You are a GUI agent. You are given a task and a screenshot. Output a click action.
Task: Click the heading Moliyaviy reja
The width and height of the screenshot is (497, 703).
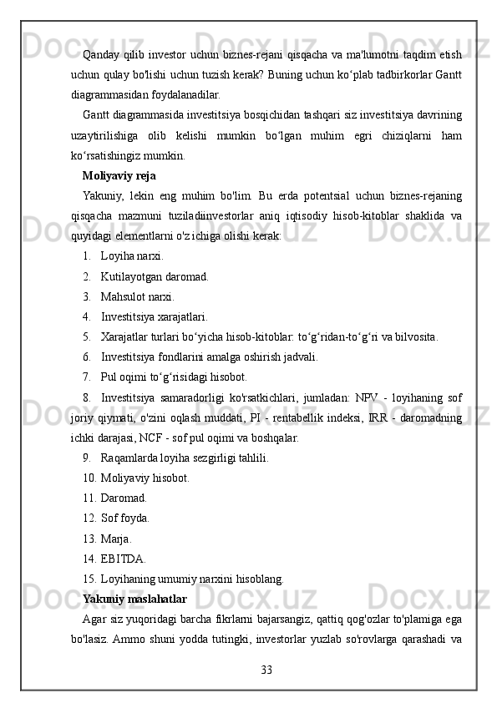click(119, 176)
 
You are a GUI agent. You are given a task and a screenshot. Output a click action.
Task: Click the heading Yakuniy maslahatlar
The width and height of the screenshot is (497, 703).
click(134, 599)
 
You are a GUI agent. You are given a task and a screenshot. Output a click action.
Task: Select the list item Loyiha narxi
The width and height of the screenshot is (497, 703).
click(132, 256)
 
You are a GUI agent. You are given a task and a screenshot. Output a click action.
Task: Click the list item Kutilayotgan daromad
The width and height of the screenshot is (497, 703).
click(155, 276)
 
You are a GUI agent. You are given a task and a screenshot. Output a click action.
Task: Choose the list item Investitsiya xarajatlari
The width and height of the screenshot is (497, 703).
click(155, 317)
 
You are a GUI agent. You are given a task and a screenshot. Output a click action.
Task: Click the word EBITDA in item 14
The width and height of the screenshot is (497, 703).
click(123, 559)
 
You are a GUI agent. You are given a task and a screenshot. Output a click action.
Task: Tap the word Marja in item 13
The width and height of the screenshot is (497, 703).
click(115, 539)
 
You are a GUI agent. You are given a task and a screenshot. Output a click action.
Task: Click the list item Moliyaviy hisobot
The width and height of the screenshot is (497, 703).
click(145, 478)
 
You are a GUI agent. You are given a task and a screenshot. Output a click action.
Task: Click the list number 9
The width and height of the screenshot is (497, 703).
click(87, 458)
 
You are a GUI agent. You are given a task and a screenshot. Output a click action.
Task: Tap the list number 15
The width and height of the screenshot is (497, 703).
click(89, 579)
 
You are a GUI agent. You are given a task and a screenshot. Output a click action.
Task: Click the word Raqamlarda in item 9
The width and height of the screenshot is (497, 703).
click(130, 458)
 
